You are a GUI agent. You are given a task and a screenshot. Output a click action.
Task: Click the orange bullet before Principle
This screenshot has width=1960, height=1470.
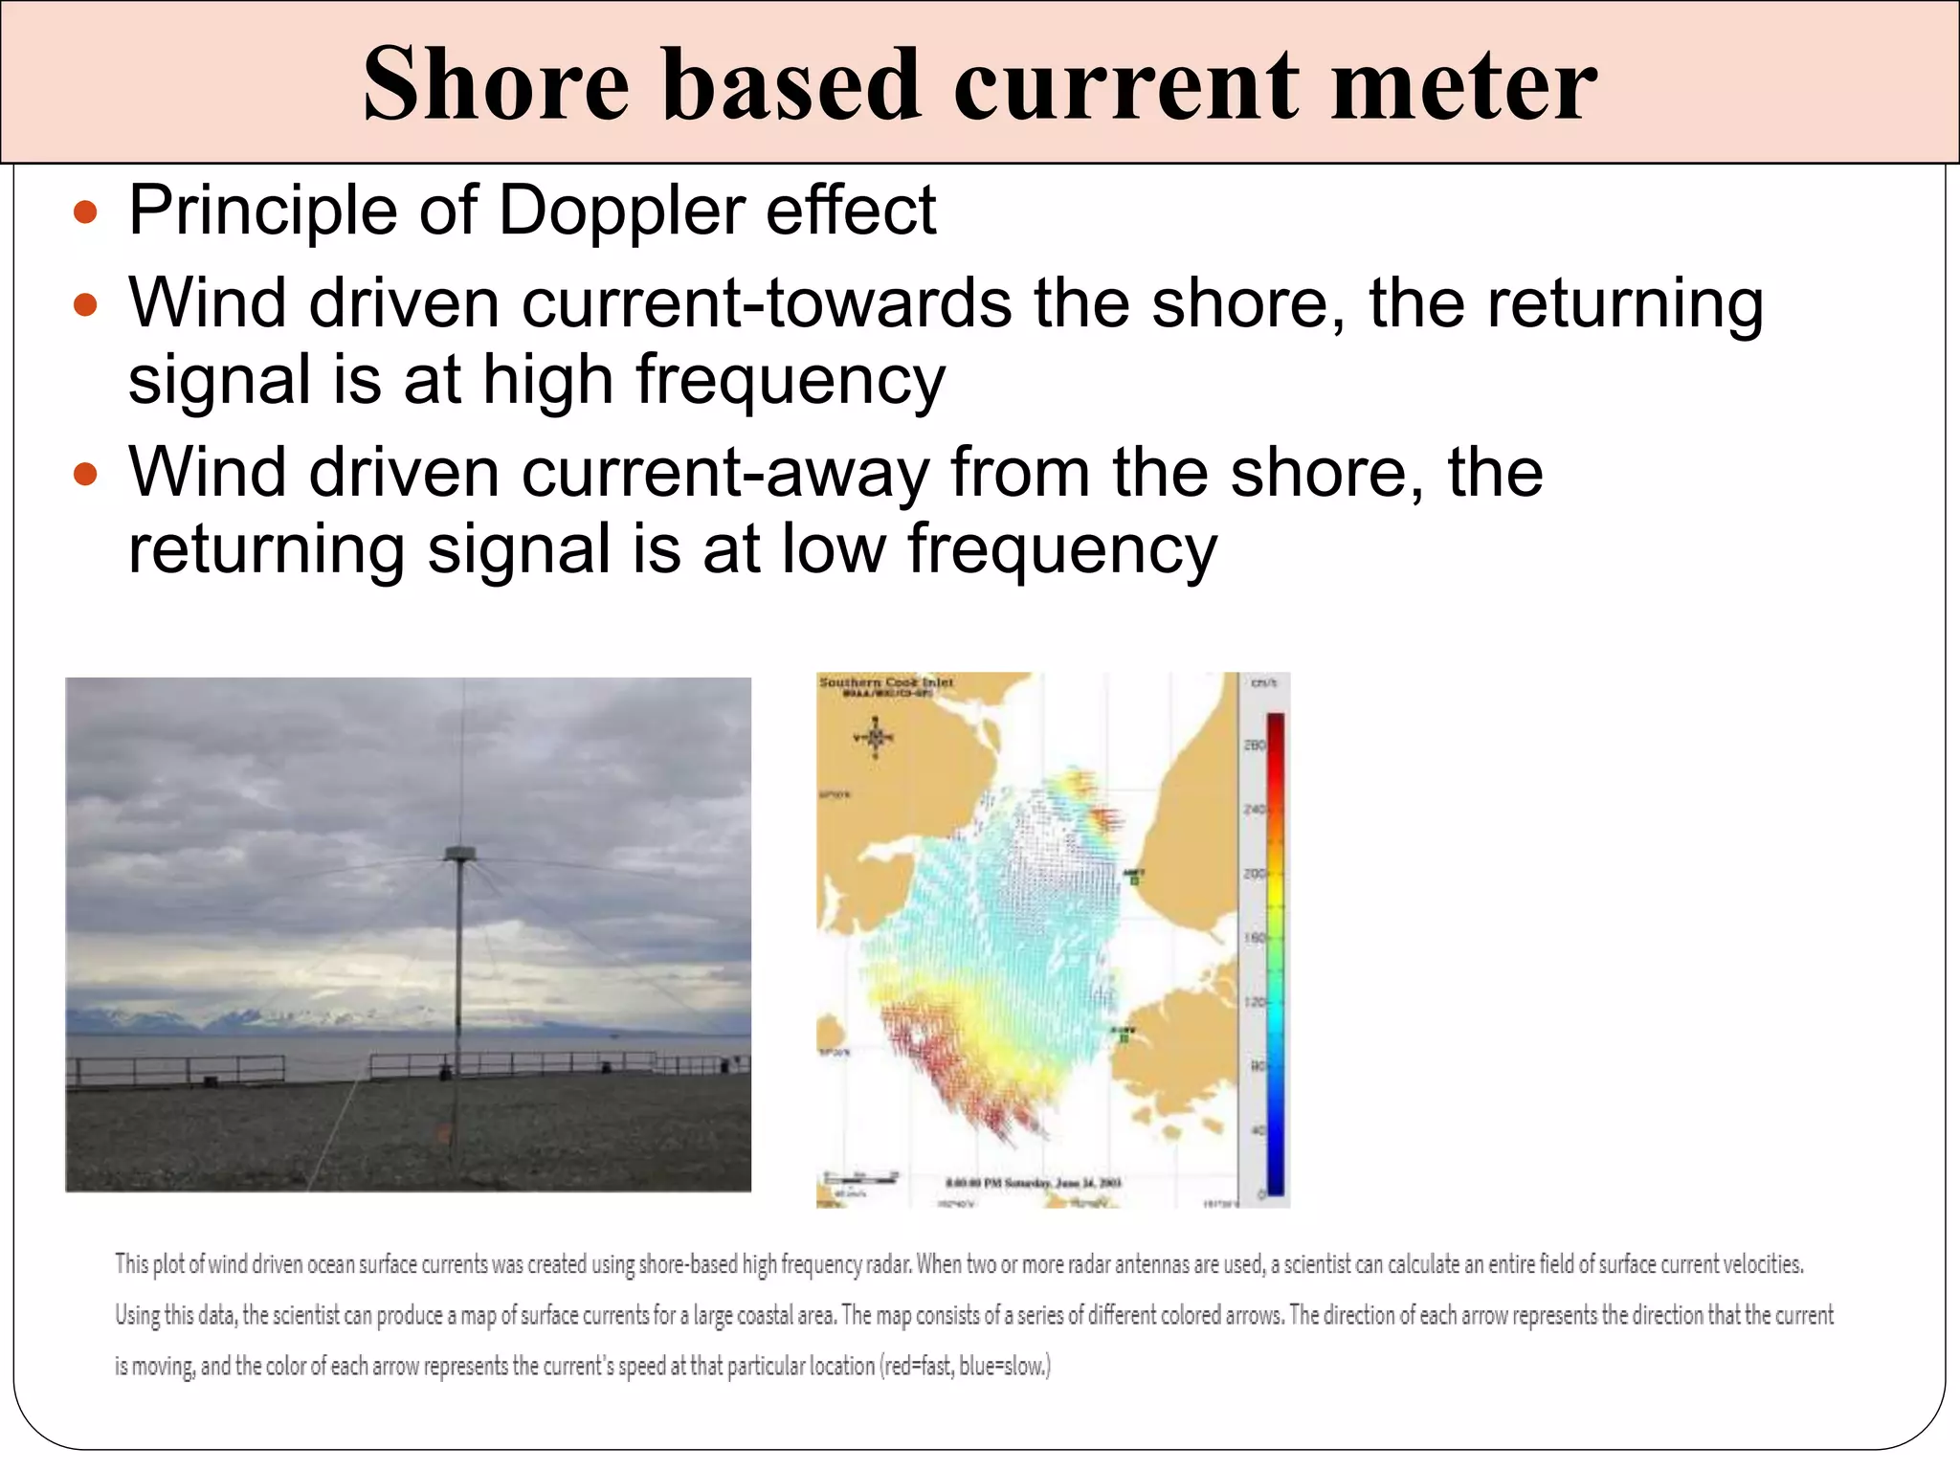coord(86,212)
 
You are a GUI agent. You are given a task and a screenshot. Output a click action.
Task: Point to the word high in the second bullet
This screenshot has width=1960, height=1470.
coord(547,380)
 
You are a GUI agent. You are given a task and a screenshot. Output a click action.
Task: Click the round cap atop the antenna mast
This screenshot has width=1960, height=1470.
coord(460,853)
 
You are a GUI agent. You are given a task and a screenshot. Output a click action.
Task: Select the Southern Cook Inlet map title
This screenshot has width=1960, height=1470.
coord(886,682)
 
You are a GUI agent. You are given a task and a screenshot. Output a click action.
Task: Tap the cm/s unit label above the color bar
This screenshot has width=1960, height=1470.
coord(1263,682)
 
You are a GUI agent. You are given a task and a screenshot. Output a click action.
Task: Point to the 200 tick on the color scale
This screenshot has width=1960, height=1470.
coord(1254,874)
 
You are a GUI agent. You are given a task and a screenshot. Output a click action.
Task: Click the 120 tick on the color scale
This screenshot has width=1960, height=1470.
coord(1254,1002)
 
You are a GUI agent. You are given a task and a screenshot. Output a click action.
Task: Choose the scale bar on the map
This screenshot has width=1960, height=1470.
coord(861,1176)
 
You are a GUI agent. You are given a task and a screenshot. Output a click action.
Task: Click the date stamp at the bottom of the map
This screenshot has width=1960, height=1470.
coord(1034,1183)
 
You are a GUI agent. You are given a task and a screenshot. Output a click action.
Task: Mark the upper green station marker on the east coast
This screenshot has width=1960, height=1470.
coord(1134,879)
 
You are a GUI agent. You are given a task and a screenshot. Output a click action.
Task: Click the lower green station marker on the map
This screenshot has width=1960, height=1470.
coord(1125,1036)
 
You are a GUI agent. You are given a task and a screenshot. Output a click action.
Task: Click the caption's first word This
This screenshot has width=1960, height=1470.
coord(132,1264)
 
